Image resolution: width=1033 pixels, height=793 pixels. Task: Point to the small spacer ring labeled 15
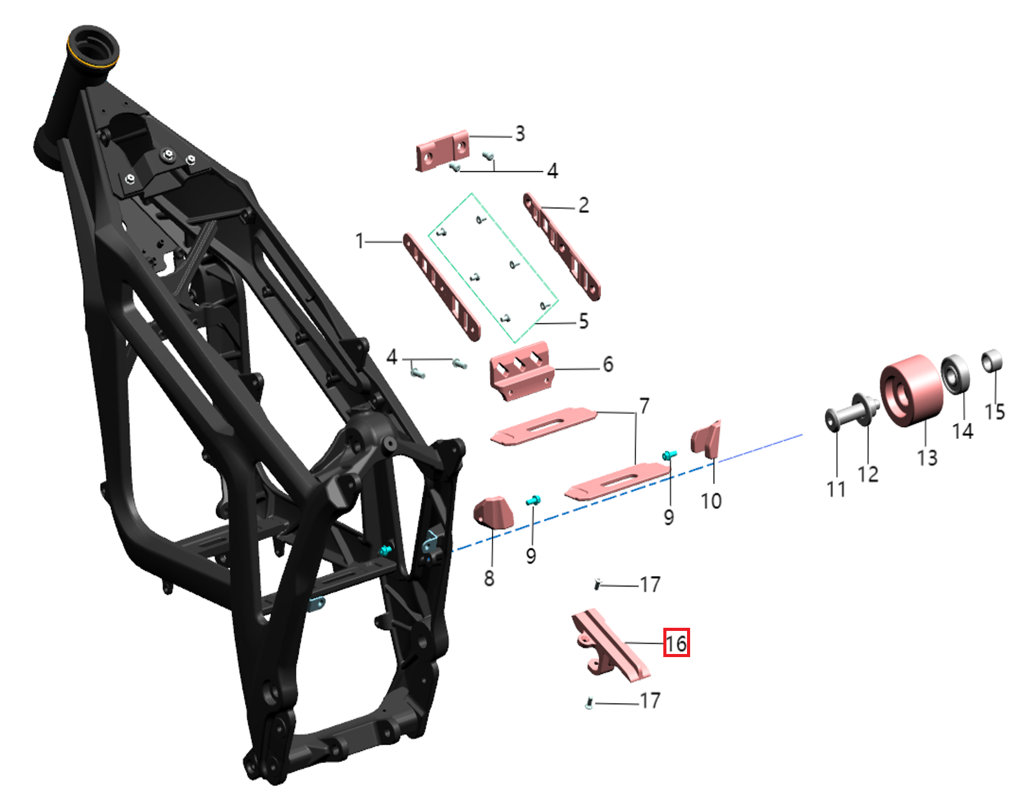click(x=992, y=360)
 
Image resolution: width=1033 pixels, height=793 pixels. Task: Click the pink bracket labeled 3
click(x=442, y=150)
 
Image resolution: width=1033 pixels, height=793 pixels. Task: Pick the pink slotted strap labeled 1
click(x=441, y=287)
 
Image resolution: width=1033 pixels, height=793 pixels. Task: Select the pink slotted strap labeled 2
click(x=562, y=246)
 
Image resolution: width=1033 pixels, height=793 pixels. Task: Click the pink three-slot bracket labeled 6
click(x=522, y=371)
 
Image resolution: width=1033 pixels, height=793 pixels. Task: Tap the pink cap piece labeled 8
click(x=494, y=512)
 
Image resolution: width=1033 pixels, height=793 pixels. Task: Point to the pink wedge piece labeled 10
click(x=706, y=439)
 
